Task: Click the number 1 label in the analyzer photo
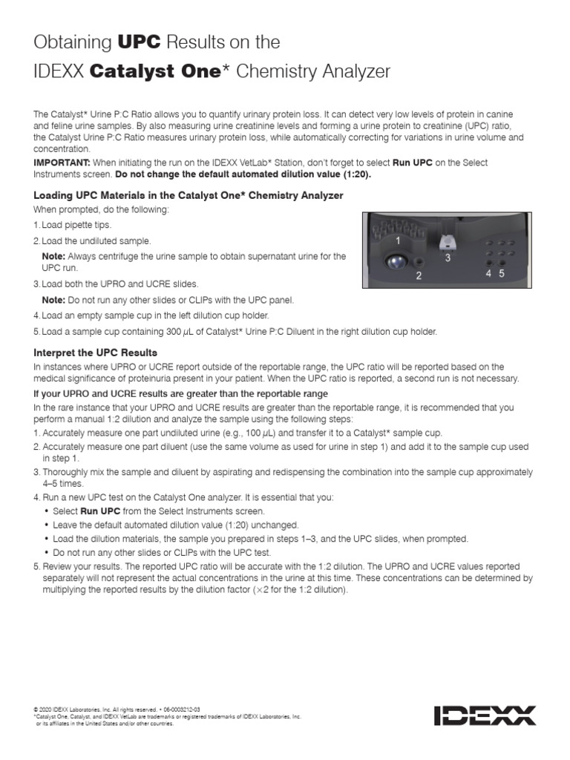(399, 240)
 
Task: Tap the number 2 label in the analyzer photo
(419, 275)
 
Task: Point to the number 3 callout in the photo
(448, 258)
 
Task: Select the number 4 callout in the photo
(489, 273)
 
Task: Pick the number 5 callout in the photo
(502, 273)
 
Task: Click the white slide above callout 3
(448, 242)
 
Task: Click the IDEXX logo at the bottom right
(485, 715)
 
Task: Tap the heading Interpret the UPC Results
(96, 352)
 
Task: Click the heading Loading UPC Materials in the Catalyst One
(189, 195)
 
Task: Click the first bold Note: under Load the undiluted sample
(53, 256)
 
